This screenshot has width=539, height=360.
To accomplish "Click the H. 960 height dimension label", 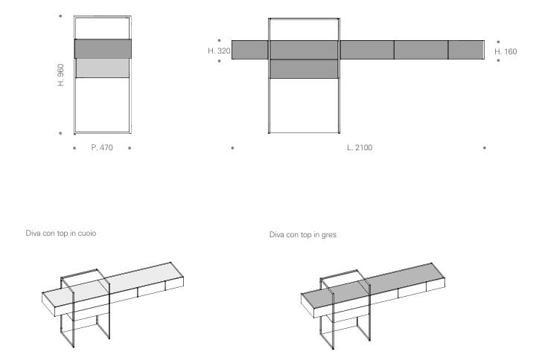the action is click(61, 75).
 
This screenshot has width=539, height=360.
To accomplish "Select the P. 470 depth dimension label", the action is click(102, 147).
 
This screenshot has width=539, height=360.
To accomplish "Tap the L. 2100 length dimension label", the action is click(360, 147).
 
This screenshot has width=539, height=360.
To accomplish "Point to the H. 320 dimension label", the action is click(219, 51).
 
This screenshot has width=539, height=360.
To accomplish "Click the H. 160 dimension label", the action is click(505, 51).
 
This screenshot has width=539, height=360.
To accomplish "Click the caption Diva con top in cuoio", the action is click(61, 234).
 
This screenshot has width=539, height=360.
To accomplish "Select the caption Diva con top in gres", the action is click(303, 234).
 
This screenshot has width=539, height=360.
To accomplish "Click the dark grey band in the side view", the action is click(103, 49).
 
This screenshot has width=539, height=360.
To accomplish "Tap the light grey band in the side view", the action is click(103, 68).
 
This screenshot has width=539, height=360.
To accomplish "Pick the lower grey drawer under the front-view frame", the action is click(304, 69).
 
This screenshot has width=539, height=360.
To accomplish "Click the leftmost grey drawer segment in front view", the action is click(250, 50).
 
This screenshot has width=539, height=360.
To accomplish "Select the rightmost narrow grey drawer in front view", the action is click(466, 50).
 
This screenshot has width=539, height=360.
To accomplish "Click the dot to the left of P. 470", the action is click(74, 148).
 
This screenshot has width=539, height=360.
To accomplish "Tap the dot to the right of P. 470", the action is click(130, 148).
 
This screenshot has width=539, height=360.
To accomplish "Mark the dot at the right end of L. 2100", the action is click(485, 148).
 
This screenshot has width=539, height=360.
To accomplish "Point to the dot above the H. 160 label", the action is click(499, 42).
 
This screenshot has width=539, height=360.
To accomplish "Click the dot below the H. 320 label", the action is click(220, 61).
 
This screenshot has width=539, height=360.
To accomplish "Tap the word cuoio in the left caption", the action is click(87, 234).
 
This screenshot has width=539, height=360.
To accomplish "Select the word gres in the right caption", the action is click(329, 235).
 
